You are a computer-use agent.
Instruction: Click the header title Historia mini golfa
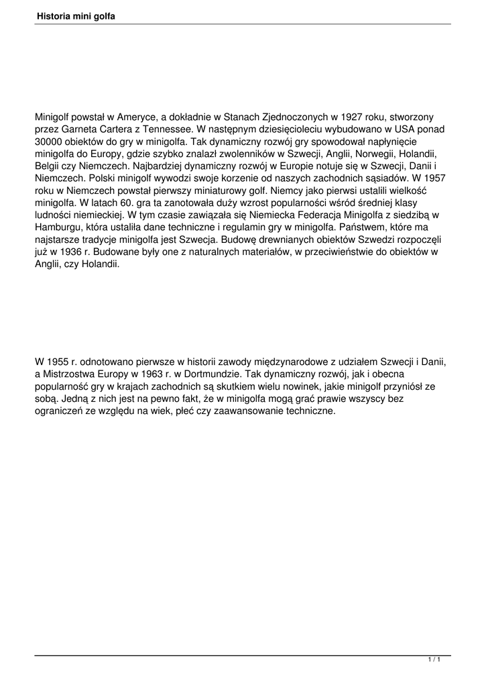[x=76, y=15]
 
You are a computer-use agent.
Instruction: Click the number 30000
[x=51, y=143]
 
